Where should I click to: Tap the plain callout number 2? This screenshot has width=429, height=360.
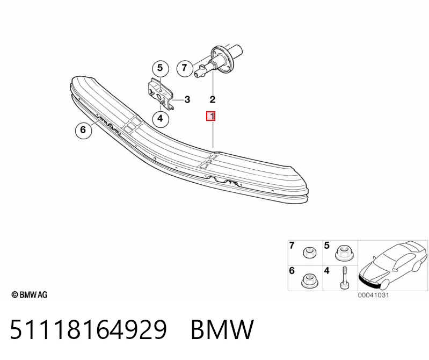[213, 99]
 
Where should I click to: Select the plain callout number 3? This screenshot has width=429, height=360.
[187, 99]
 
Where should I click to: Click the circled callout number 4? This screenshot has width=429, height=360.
[160, 118]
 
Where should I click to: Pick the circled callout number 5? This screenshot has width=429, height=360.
[160, 68]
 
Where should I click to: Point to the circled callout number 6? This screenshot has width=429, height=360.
[83, 130]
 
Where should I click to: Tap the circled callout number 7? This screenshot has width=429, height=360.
[184, 68]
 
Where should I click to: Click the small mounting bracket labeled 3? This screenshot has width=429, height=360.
[160, 93]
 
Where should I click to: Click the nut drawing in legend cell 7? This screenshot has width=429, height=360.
[310, 252]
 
